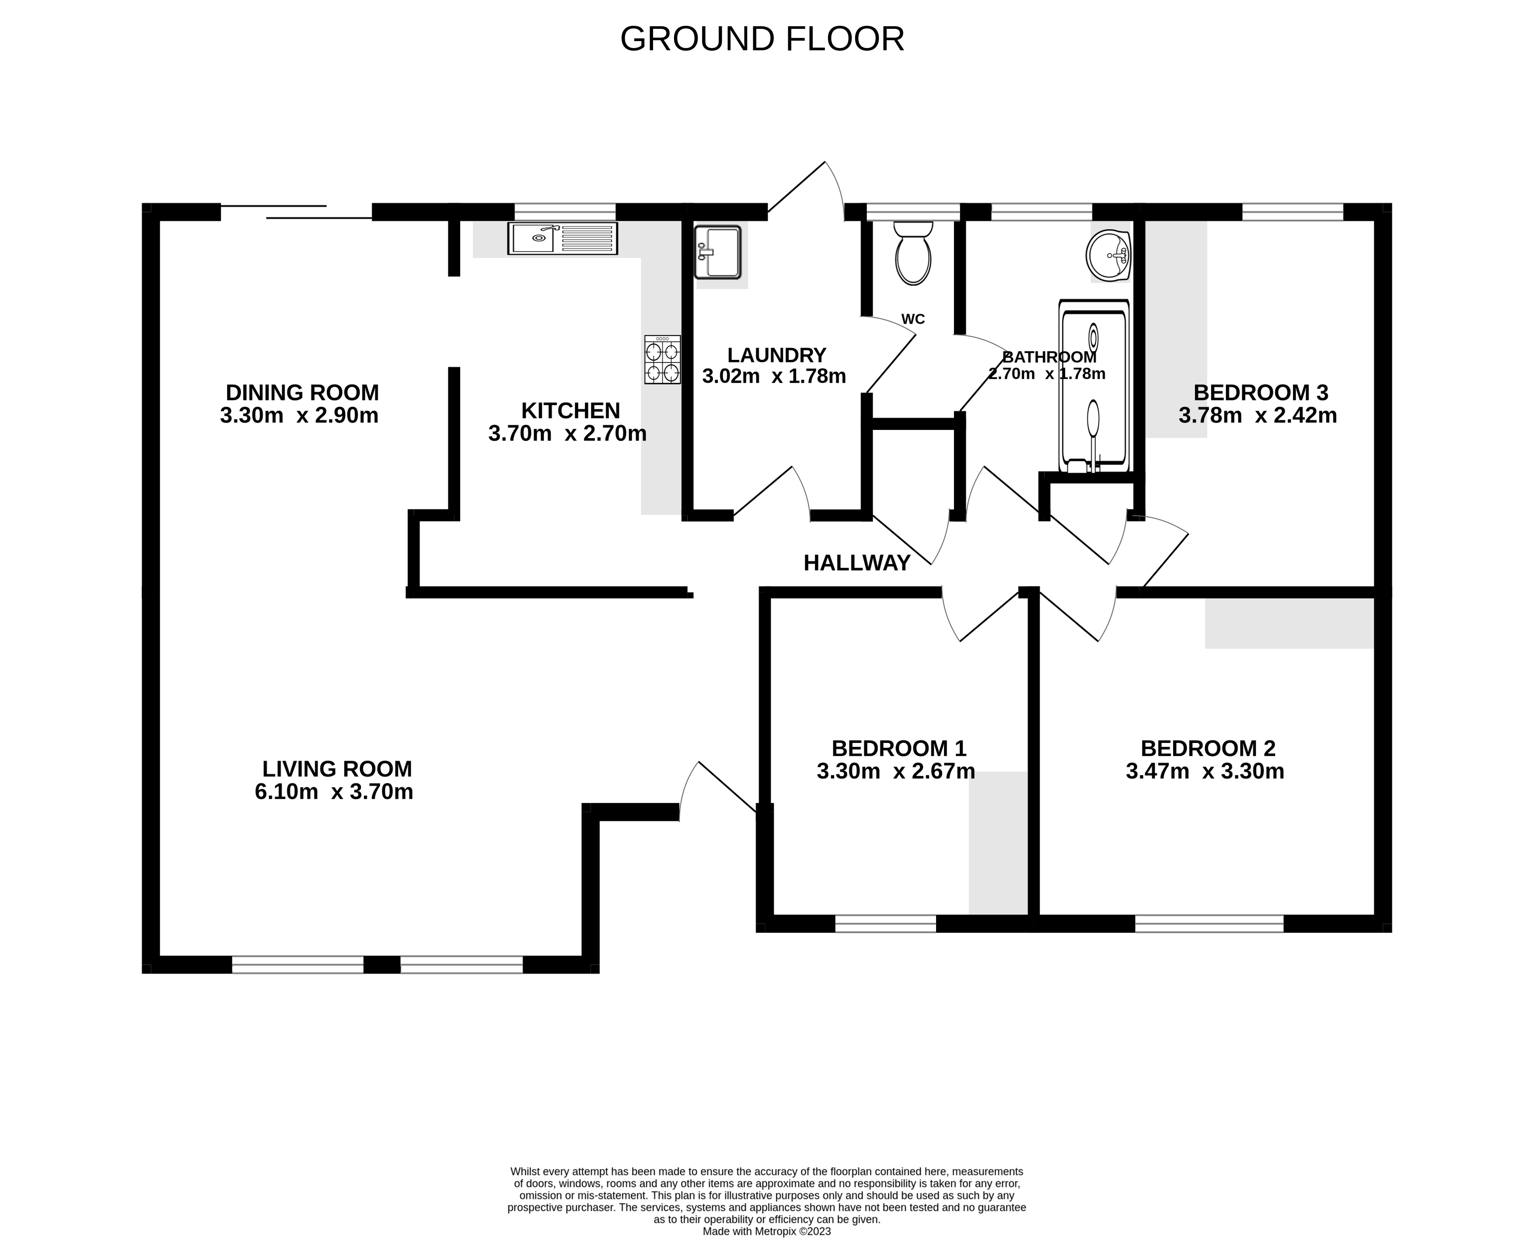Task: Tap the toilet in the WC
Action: [x=913, y=253]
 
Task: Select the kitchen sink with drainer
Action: [x=563, y=238]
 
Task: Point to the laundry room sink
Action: [x=719, y=252]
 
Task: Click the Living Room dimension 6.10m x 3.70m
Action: [x=334, y=792]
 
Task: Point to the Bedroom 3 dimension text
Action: [x=1257, y=415]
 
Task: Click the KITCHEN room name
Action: [x=570, y=411]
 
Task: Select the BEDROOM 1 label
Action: [x=898, y=748]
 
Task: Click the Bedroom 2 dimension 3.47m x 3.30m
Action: [x=1205, y=771]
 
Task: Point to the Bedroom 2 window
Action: [x=1209, y=924]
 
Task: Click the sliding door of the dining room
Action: [x=296, y=212]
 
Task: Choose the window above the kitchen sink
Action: [x=565, y=212]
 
